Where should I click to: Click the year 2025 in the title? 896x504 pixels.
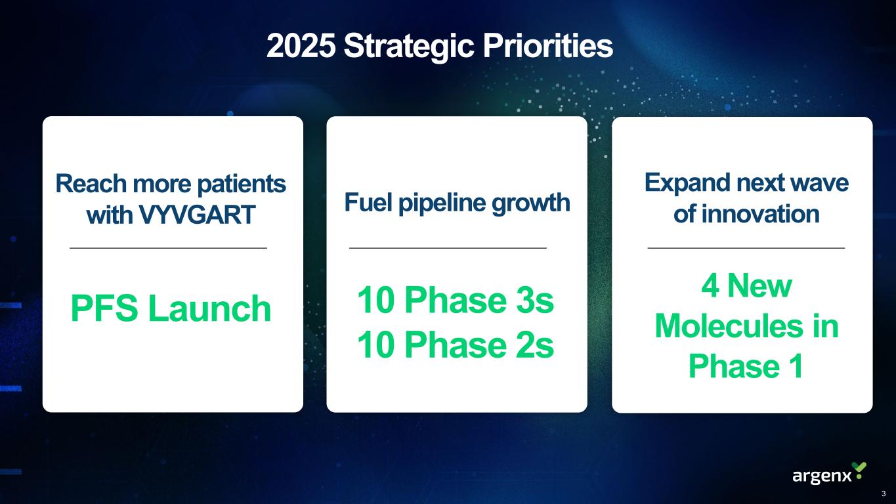(301, 45)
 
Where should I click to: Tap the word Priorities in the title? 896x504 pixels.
(548, 45)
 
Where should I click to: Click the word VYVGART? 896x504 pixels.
(197, 215)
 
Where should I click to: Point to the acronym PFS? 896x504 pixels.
(104, 308)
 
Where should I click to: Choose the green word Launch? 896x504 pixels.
(209, 308)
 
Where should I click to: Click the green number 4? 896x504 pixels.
(710, 285)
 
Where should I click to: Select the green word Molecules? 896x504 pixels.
(729, 326)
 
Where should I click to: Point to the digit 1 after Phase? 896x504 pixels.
(797, 366)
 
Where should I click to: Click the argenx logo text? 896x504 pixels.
(822, 476)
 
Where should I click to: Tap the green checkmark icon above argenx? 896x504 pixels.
(859, 469)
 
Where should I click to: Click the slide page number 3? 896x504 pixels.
(884, 493)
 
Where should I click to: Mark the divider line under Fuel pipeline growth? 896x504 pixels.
(448, 248)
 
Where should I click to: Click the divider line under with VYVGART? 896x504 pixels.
(169, 248)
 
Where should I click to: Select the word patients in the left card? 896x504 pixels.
(242, 184)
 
